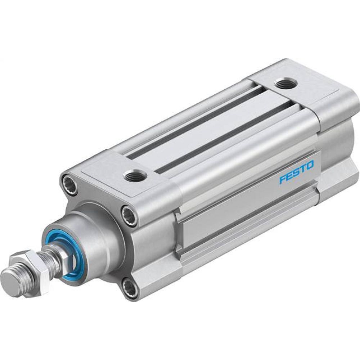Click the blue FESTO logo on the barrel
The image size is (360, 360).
coord(296,172)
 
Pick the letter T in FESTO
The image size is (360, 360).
coord(303,168)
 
